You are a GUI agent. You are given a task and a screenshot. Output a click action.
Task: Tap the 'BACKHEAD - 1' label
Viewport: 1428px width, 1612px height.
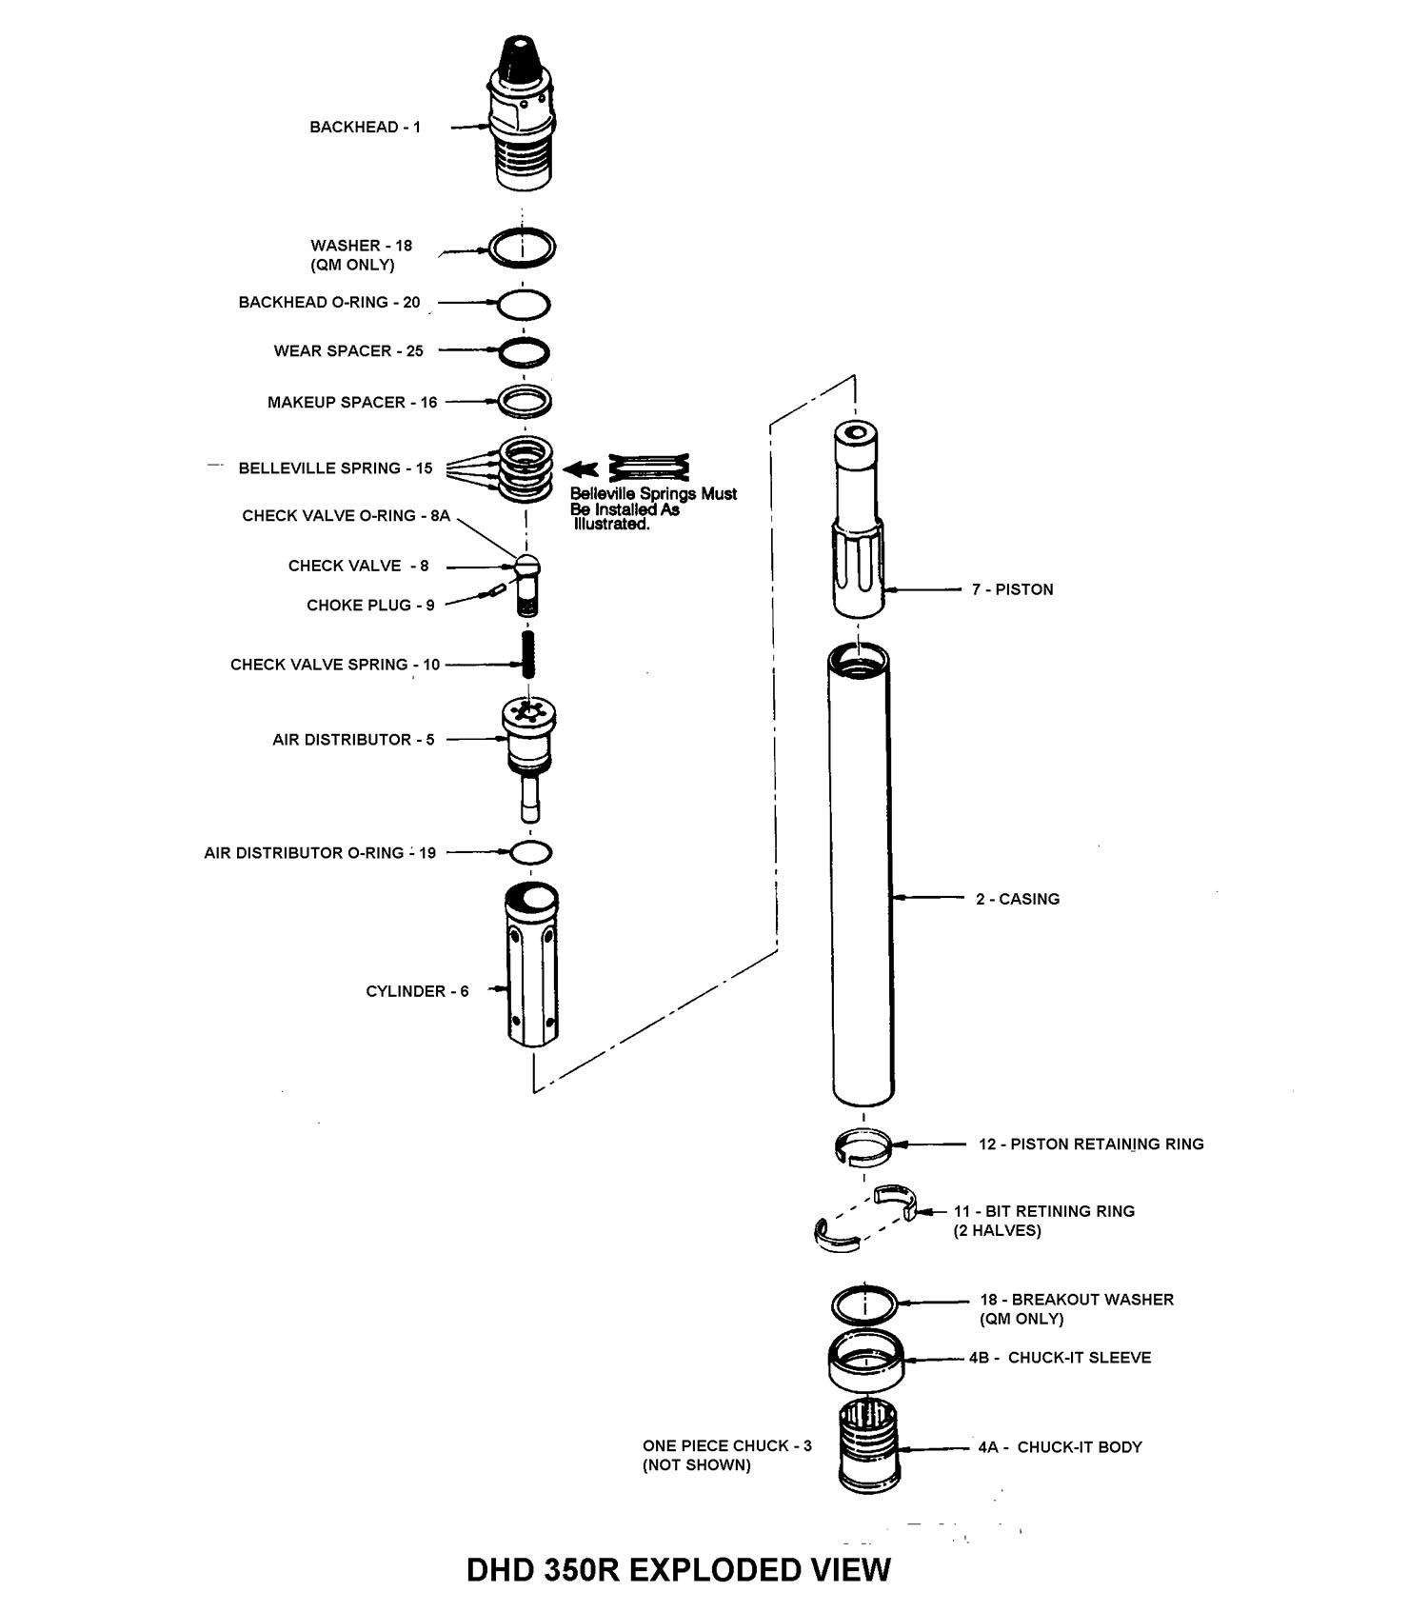coord(365,127)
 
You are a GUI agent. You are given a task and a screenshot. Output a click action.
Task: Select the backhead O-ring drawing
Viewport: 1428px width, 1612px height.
coord(524,304)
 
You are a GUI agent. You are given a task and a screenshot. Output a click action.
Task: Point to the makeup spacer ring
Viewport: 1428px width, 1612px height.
coord(526,401)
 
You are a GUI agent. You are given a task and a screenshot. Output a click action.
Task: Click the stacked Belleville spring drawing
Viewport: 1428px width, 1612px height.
coord(526,466)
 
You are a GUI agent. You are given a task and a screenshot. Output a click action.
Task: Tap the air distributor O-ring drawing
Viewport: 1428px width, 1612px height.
coord(530,851)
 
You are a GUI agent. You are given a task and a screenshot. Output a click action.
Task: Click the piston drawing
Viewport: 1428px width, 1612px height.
coord(859,519)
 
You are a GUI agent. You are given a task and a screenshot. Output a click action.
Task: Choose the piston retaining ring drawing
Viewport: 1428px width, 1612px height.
coord(863,1144)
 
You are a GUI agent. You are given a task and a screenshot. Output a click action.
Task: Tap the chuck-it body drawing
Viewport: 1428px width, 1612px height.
coord(868,1445)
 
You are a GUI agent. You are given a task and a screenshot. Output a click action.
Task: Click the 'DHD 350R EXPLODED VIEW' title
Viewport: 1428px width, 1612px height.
coord(678,1569)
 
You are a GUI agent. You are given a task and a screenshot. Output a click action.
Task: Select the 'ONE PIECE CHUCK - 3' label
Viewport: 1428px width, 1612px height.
coord(726,1445)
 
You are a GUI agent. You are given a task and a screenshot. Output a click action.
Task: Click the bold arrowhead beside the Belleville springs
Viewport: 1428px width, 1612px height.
coord(581,468)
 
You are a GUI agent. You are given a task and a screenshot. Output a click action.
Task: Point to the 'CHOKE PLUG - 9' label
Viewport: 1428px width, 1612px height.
coord(370,605)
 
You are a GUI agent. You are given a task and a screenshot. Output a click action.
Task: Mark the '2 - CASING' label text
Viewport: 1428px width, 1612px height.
coord(1017,898)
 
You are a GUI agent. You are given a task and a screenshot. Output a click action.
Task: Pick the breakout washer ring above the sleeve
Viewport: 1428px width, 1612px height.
coord(863,1303)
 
